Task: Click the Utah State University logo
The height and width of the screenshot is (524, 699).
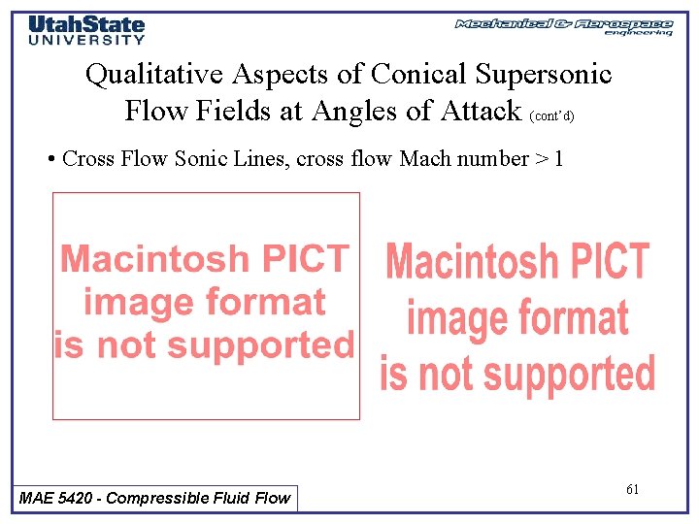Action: (86, 29)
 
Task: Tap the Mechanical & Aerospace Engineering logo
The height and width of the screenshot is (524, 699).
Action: (564, 26)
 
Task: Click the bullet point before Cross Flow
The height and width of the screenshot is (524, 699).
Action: (50, 159)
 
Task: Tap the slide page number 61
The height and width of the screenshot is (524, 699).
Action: (632, 489)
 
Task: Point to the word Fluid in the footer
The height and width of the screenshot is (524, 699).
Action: (228, 498)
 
